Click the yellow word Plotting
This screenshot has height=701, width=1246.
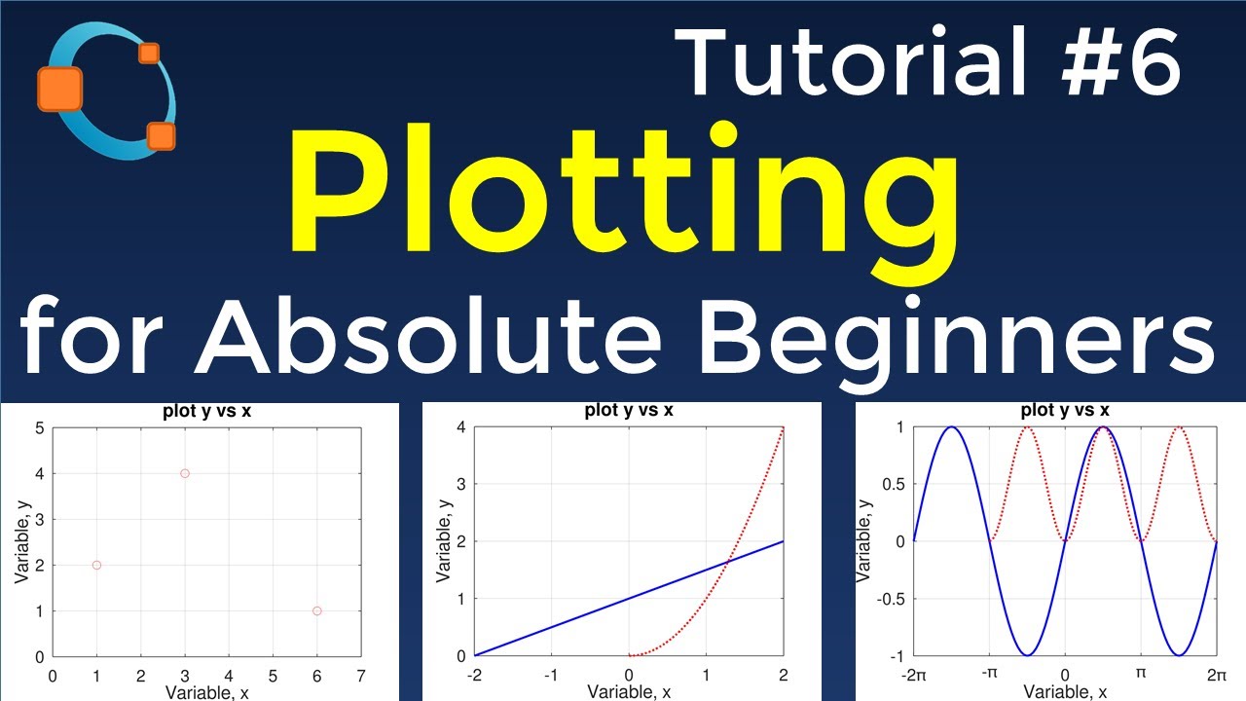pyautogui.click(x=623, y=200)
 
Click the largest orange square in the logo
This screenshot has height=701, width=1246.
pyautogui.click(x=59, y=89)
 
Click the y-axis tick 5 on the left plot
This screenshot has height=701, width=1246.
pyautogui.click(x=38, y=427)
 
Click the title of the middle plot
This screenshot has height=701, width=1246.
pyautogui.click(x=629, y=410)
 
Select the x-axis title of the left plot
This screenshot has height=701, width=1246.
pyautogui.click(x=206, y=692)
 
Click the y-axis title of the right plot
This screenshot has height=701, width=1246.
pyautogui.click(x=862, y=541)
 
